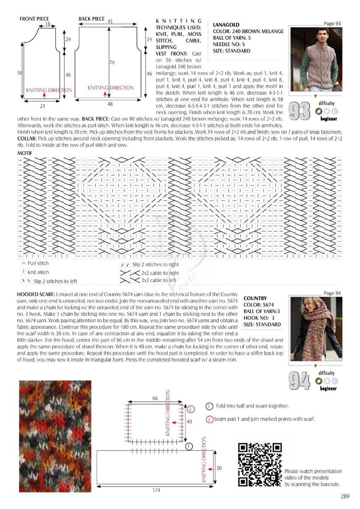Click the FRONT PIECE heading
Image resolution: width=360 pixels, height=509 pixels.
click(x=34, y=19)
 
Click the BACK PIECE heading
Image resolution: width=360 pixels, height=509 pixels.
click(x=92, y=19)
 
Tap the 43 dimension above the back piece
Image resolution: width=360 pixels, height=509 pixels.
click(x=110, y=21)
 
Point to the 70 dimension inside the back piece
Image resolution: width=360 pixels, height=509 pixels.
click(x=112, y=62)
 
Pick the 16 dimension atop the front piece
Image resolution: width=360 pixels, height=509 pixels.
click(x=48, y=25)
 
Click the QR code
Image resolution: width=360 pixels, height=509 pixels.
click(x=260, y=464)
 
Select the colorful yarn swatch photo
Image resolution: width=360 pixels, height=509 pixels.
click(x=55, y=436)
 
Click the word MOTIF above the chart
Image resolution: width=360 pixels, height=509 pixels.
click(x=25, y=152)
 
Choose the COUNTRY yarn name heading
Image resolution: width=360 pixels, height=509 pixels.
click(x=255, y=298)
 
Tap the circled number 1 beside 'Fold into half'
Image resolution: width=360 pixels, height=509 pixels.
click(x=209, y=406)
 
